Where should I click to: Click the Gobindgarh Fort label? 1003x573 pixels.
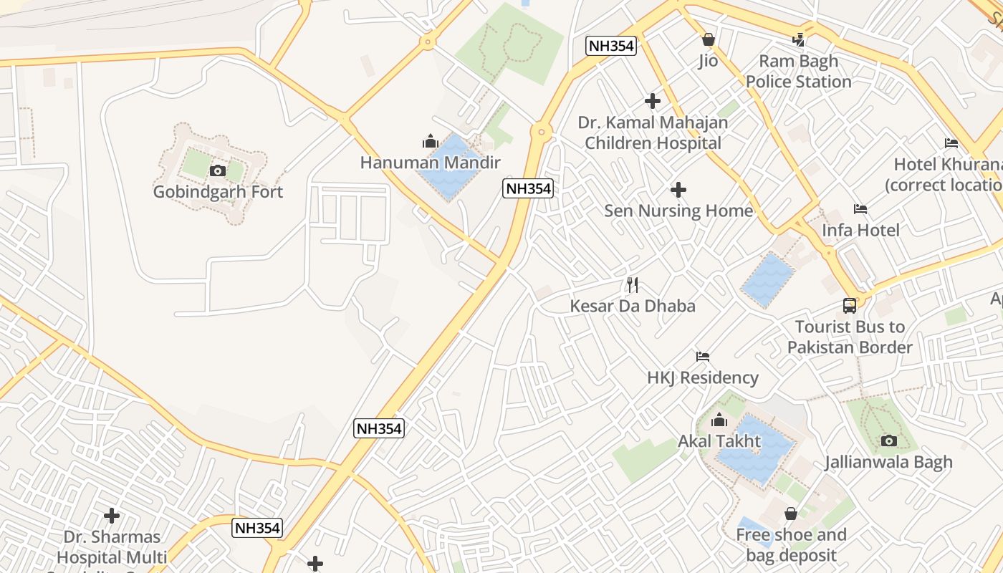[218, 192]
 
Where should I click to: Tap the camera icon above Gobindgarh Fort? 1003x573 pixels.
[218, 170]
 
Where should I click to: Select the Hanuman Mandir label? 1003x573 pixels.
[430, 163]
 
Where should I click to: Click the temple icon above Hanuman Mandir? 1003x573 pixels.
[430, 141]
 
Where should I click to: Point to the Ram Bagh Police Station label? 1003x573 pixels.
[798, 72]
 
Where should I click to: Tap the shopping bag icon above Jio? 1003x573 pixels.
[709, 39]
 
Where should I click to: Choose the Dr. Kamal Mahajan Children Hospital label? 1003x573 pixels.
[653, 133]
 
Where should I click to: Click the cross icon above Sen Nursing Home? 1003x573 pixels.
[678, 190]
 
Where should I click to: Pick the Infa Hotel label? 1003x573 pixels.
[860, 230]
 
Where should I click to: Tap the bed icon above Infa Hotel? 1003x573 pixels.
[860, 209]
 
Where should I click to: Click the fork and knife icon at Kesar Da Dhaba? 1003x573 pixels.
[633, 285]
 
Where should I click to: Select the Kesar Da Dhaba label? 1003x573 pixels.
[633, 306]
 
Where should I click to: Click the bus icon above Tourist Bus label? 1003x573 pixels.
[850, 306]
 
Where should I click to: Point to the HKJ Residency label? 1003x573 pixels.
[702, 377]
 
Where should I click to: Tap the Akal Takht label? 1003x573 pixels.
[719, 440]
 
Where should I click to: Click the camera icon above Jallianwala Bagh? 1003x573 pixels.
[889, 440]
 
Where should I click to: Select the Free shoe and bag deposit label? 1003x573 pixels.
[791, 545]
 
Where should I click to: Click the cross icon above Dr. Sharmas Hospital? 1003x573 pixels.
[112, 515]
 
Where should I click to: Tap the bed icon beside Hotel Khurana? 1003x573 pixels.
[951, 143]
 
